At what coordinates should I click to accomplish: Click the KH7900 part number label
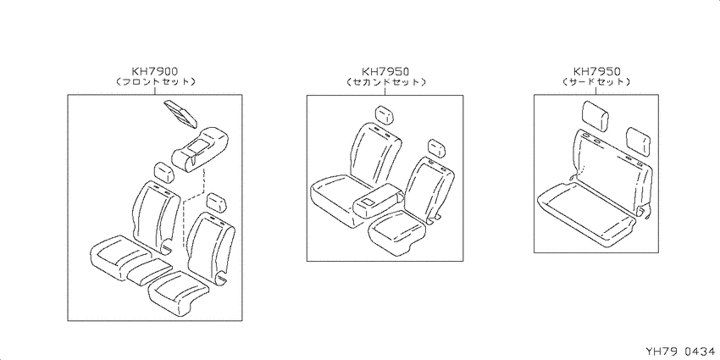click(x=155, y=71)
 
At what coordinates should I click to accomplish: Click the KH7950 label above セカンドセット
click(x=385, y=71)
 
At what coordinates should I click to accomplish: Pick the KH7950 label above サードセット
click(x=597, y=71)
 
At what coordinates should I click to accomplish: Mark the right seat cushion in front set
click(x=180, y=291)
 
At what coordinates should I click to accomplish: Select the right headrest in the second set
click(x=437, y=148)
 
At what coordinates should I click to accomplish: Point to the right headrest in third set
click(x=637, y=139)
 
